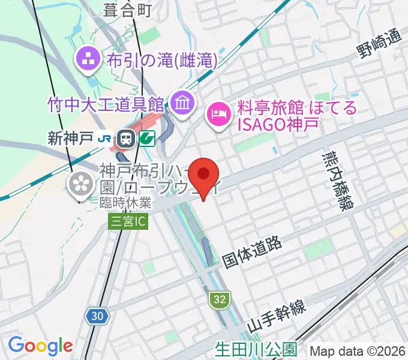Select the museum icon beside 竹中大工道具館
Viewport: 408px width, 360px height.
(x=181, y=103)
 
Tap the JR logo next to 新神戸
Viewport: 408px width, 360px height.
(x=105, y=139)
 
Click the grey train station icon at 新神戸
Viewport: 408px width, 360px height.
(x=125, y=139)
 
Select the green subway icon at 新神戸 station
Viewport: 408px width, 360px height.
(x=146, y=139)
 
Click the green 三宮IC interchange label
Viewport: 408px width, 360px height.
(x=127, y=222)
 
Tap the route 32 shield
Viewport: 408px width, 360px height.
(x=218, y=298)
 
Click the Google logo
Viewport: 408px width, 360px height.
(x=40, y=346)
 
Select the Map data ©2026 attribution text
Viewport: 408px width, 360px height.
(x=358, y=350)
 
